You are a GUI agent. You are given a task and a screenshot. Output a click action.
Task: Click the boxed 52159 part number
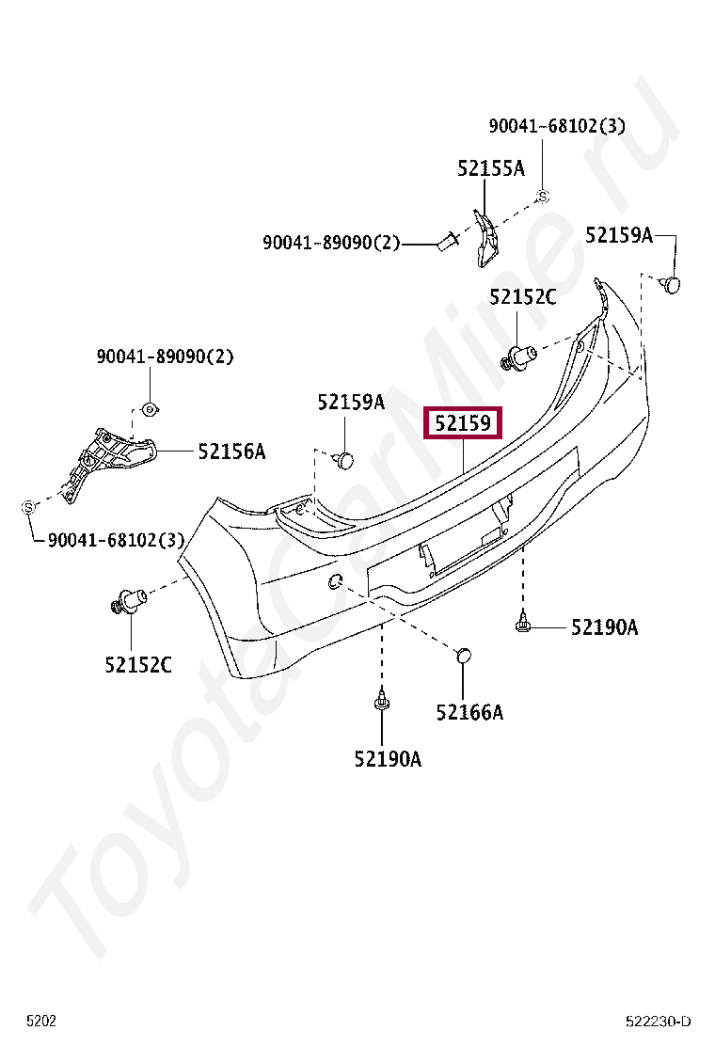(463, 423)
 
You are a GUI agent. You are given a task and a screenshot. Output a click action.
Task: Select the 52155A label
(491, 168)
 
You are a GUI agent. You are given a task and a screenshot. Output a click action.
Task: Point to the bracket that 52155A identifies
(485, 238)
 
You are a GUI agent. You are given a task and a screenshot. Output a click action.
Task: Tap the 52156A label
(231, 452)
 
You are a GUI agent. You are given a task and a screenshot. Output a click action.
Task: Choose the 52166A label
(469, 712)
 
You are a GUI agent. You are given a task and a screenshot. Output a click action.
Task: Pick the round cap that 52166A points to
(464, 655)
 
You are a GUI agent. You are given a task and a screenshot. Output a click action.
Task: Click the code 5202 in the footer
(41, 1021)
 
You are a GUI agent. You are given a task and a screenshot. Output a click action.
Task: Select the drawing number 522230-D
(659, 1022)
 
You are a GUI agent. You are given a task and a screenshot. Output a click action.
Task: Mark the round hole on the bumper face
(336, 582)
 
